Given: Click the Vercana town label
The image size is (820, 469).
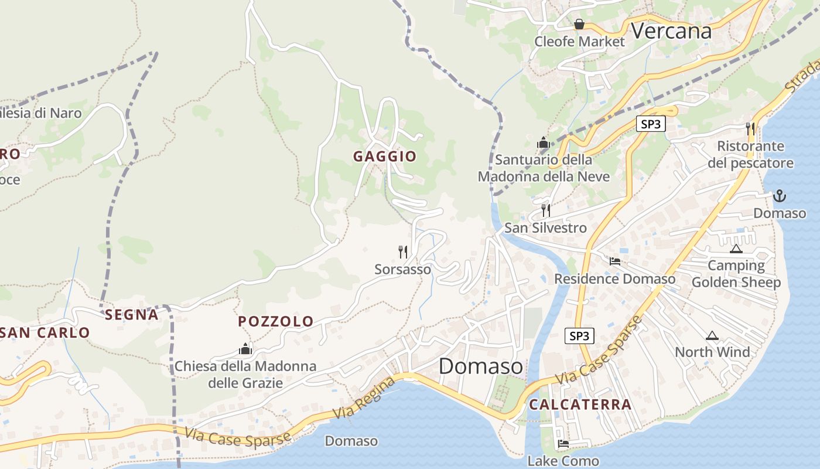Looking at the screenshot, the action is (x=671, y=30).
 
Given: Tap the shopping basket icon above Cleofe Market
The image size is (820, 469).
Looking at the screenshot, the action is (x=579, y=24).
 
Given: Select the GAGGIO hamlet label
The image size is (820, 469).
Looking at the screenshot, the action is (x=384, y=157).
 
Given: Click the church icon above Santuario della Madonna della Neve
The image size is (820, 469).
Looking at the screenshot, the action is (x=544, y=142).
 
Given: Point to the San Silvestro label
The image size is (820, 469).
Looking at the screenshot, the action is (x=545, y=227).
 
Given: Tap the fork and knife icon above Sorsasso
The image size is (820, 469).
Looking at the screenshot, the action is (x=403, y=252).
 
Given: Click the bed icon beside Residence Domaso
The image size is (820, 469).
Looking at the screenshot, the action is (x=615, y=261).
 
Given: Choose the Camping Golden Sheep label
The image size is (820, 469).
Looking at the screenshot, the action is (x=736, y=274).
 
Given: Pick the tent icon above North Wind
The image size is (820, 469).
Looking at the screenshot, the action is (x=712, y=336).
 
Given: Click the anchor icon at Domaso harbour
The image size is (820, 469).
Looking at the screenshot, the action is (x=779, y=196).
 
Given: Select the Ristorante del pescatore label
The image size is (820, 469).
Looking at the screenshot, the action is (x=750, y=154).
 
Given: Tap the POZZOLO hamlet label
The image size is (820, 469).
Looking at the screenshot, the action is (x=276, y=321).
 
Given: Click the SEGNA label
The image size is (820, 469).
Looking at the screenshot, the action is (x=132, y=315).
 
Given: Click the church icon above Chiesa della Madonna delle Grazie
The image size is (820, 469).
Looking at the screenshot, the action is (x=245, y=349).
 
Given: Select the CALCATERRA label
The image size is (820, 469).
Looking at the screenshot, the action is (x=580, y=405).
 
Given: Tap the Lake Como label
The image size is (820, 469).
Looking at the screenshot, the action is (x=563, y=461).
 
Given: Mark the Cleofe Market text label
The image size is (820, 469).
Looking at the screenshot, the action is (x=579, y=42).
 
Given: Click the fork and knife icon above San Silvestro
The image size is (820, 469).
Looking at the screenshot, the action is (x=546, y=210).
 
